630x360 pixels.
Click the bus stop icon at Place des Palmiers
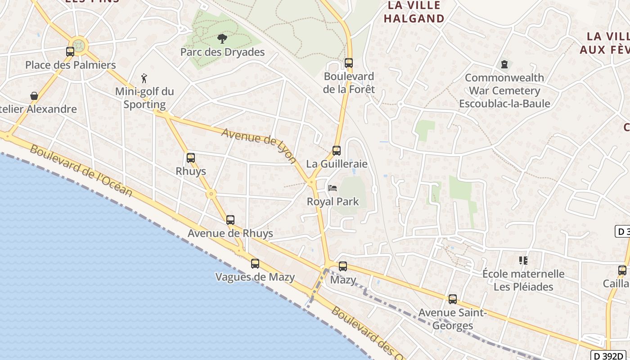click(x=70, y=52)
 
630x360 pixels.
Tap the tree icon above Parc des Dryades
click(x=222, y=39)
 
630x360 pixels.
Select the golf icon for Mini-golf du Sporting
click(x=144, y=79)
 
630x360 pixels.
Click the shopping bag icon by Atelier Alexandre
click(x=34, y=96)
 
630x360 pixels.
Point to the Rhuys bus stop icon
click(x=191, y=158)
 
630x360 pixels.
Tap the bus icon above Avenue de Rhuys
click(x=230, y=220)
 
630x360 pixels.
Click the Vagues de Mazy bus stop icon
click(x=255, y=264)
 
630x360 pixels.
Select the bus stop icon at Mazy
click(x=343, y=266)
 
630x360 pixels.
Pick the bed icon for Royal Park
click(x=333, y=188)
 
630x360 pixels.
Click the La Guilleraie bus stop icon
click(x=337, y=151)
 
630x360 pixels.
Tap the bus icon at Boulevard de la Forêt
click(x=349, y=63)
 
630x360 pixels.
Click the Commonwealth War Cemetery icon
click(x=504, y=64)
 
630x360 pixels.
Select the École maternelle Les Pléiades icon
click(x=523, y=261)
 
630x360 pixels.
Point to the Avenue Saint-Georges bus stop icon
click(x=453, y=299)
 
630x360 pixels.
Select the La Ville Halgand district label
click(x=414, y=12)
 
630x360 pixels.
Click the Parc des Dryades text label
click(x=222, y=52)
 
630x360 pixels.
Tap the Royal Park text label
click(x=333, y=202)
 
